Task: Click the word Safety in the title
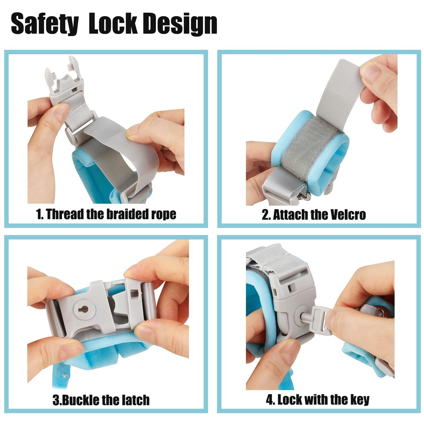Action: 45,24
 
